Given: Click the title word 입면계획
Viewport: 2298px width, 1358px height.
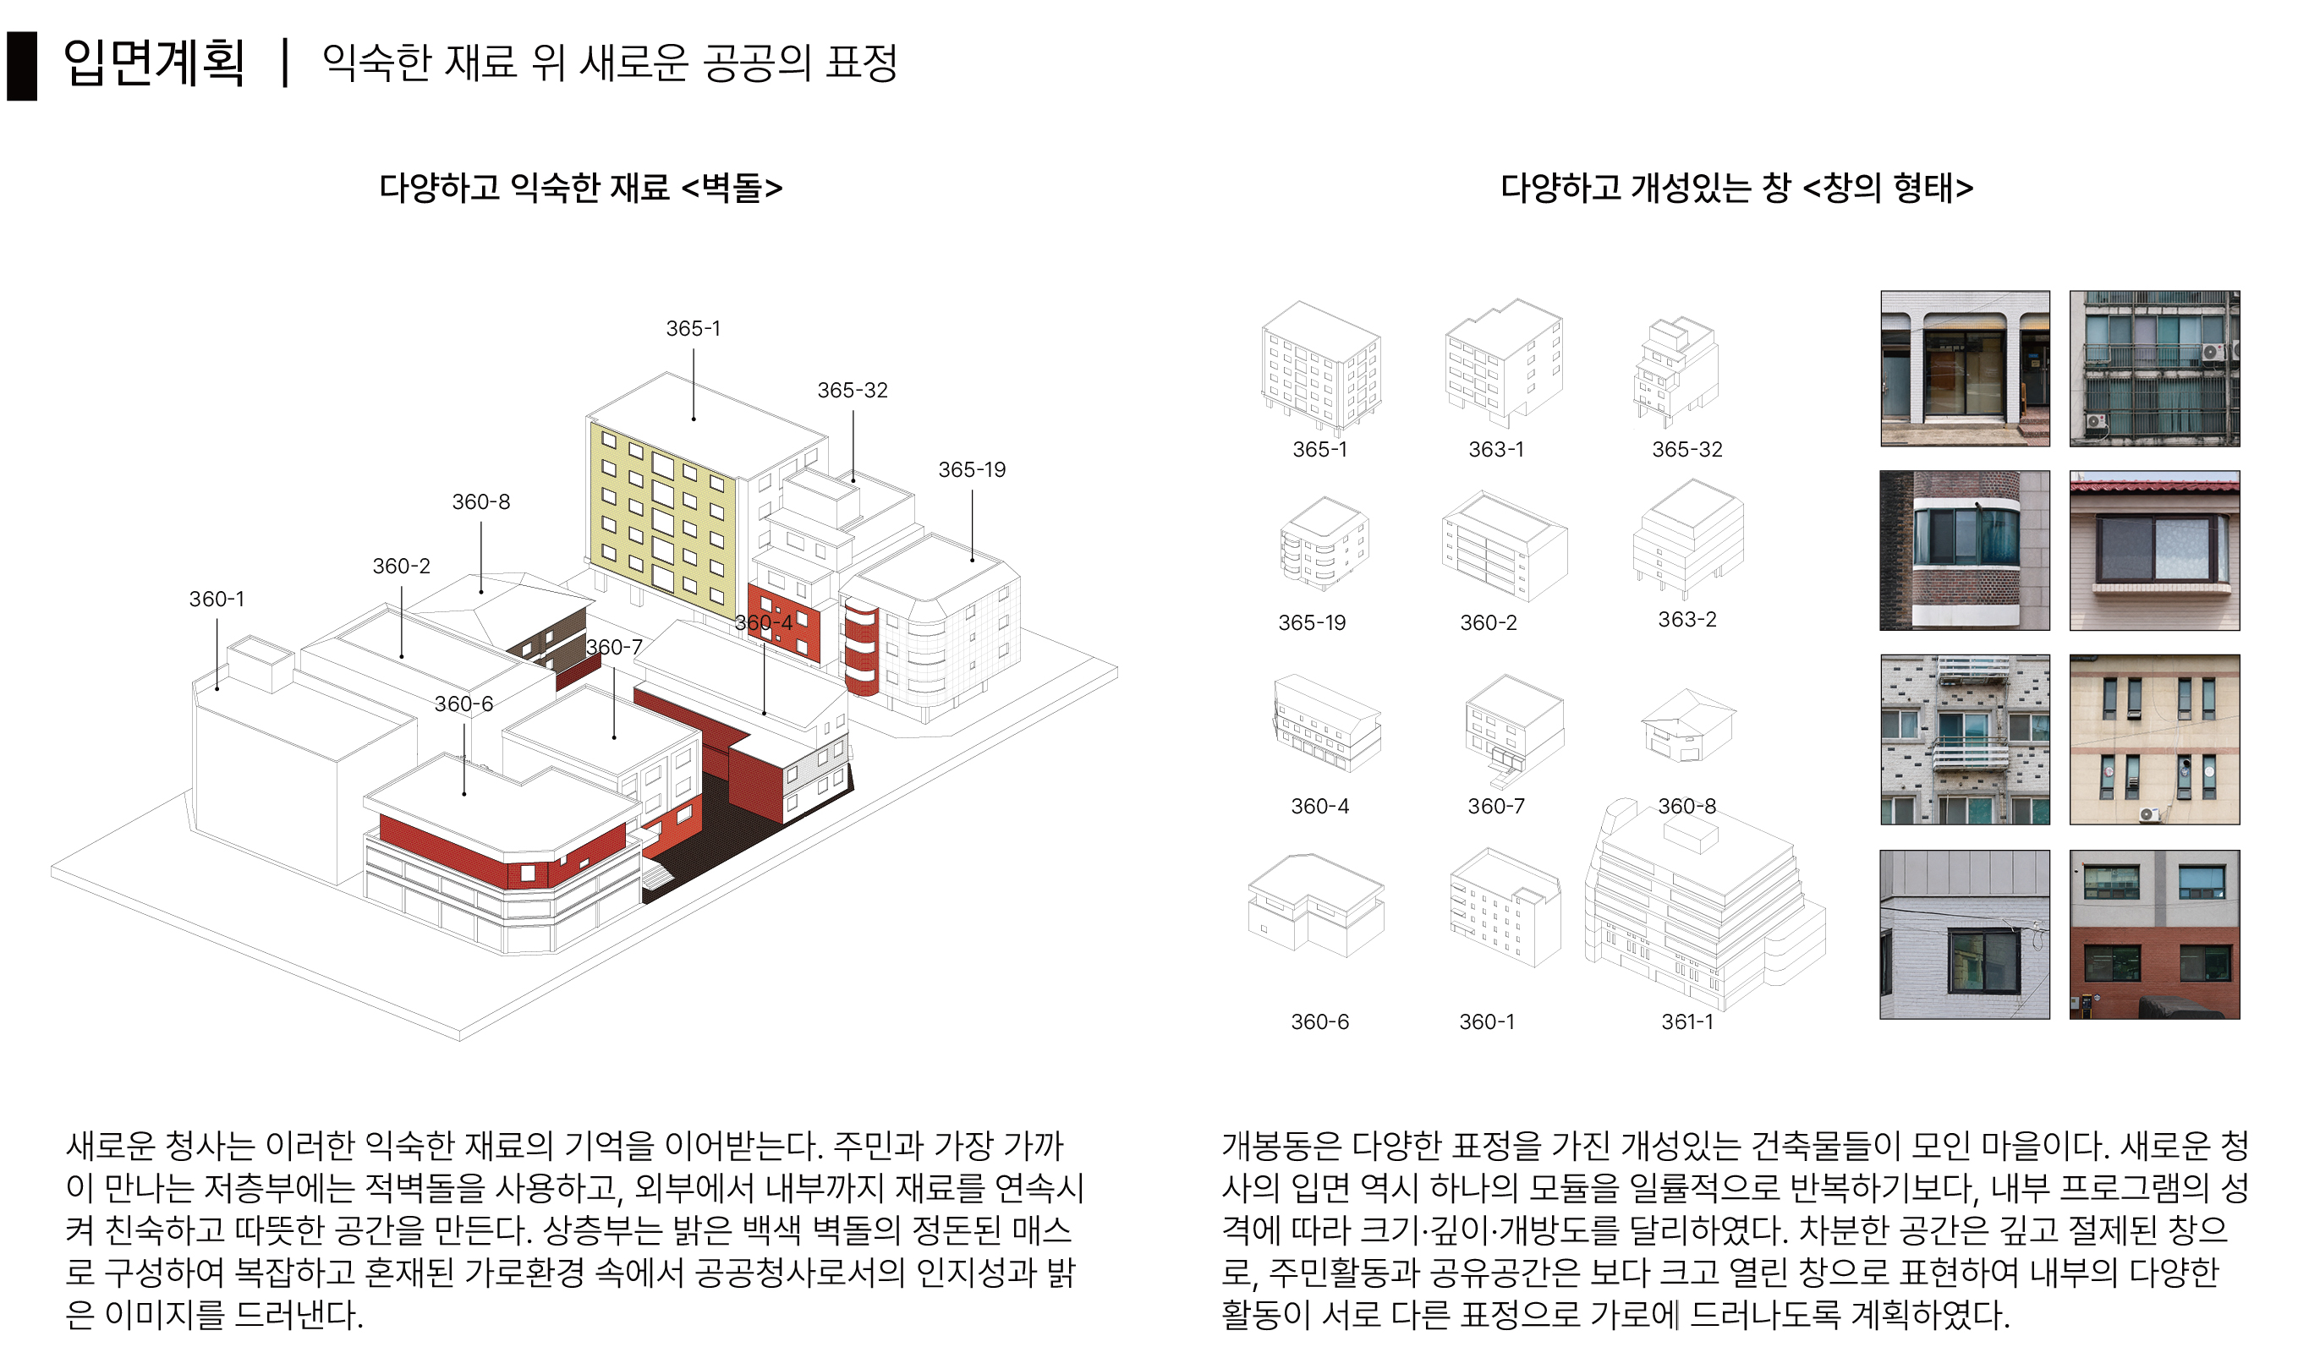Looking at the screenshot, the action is tap(154, 63).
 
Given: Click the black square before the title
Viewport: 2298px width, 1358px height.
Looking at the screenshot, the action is tap(22, 66).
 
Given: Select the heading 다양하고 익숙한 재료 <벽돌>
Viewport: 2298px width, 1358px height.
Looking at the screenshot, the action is tap(581, 188).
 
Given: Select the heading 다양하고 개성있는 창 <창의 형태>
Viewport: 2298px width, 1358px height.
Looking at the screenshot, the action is tap(1737, 188).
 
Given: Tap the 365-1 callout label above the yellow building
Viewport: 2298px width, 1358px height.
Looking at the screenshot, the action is tap(693, 329).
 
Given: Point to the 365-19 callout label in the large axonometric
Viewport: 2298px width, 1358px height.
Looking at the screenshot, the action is tap(972, 469).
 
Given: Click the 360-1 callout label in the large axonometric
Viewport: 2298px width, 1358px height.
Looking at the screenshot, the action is tap(217, 599).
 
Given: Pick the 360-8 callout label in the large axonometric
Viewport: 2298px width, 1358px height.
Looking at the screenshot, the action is tap(481, 501).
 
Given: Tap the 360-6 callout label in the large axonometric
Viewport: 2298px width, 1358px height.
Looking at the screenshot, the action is tap(464, 704).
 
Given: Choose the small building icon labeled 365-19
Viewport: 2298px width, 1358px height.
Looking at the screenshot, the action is tap(1324, 544).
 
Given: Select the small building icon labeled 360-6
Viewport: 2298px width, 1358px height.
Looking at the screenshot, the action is tap(1316, 905).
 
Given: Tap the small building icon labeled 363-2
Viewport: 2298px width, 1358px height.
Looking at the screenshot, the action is tap(1688, 538).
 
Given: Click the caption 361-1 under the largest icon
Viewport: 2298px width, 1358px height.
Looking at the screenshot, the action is tap(1687, 1022).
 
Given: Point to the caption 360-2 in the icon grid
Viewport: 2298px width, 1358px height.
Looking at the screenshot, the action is tap(1488, 623).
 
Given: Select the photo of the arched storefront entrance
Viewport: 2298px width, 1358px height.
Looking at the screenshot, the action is tap(1965, 369).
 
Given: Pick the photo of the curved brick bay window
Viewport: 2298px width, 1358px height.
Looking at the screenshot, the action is tap(1965, 550).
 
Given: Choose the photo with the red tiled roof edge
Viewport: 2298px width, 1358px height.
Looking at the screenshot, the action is tap(2154, 550).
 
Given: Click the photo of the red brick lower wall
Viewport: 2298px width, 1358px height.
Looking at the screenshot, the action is tap(2154, 935).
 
